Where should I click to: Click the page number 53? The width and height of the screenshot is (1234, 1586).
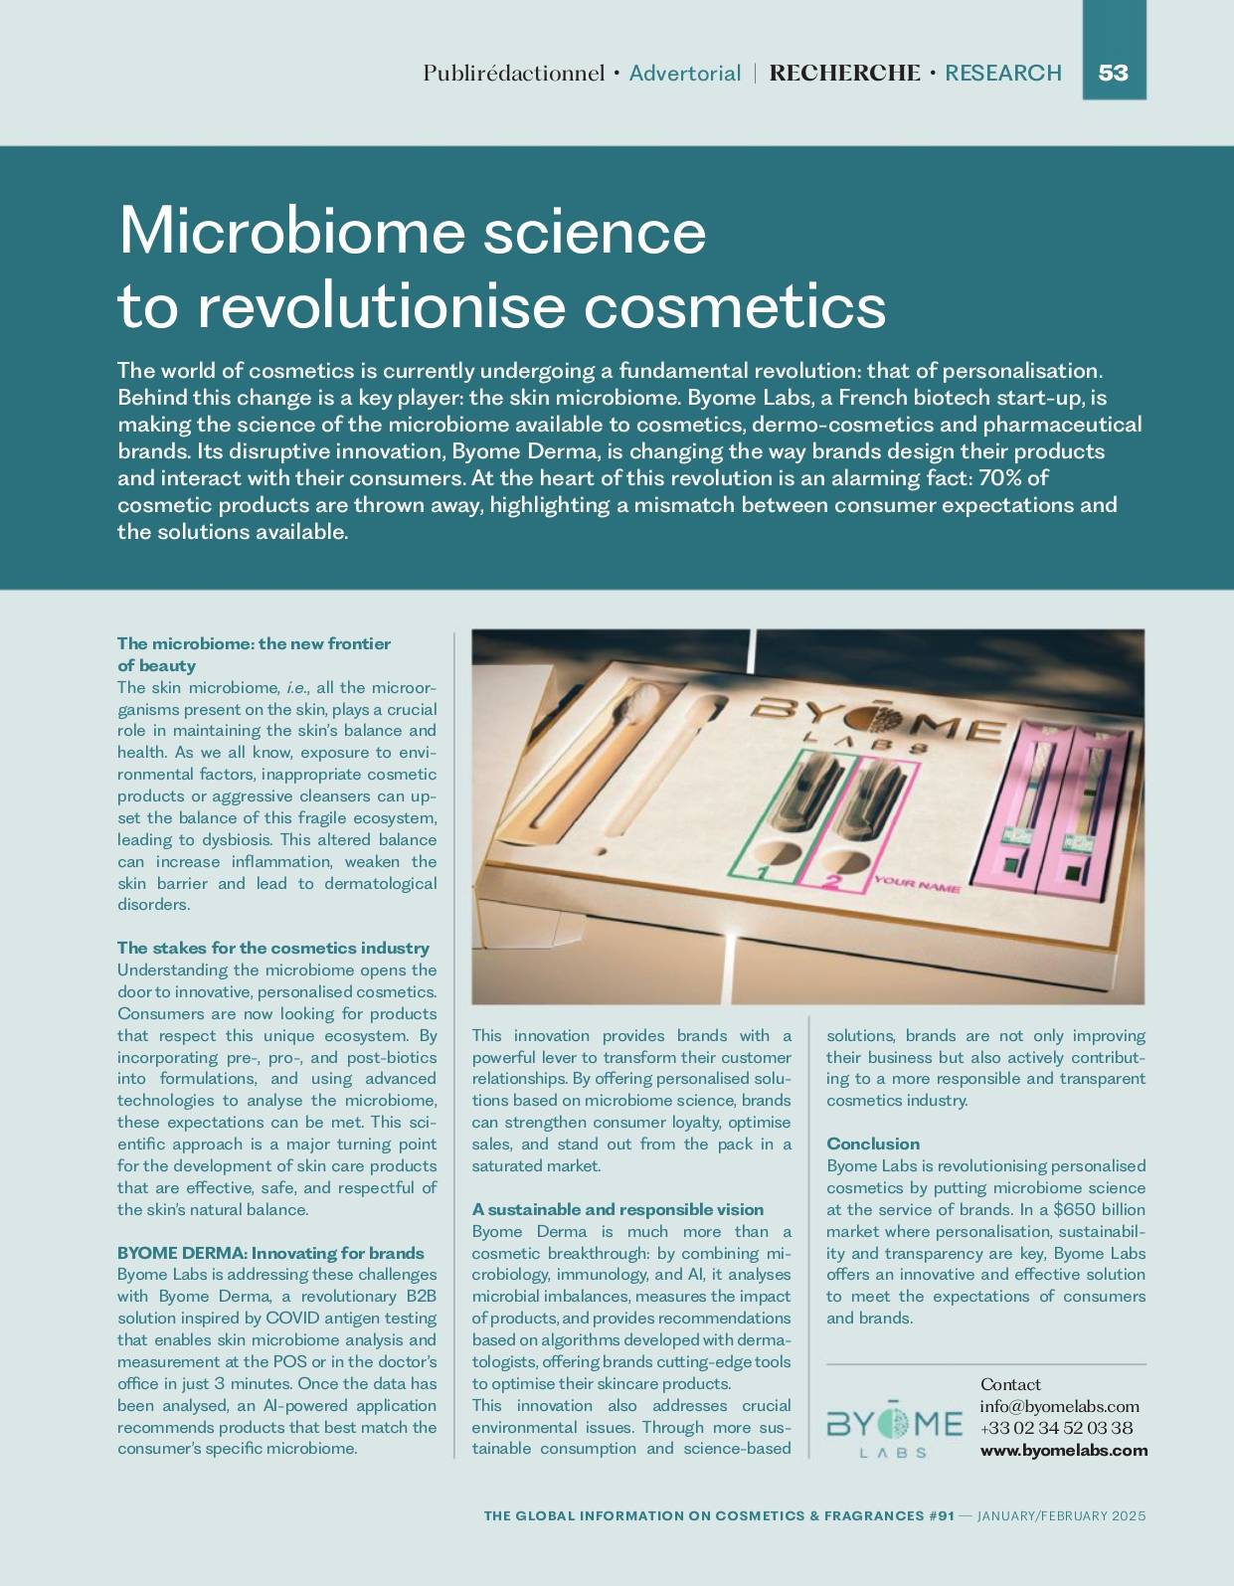[x=1113, y=73]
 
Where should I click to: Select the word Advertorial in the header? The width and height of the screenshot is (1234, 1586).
[x=685, y=74]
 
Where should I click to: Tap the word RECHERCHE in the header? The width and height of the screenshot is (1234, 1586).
[x=844, y=74]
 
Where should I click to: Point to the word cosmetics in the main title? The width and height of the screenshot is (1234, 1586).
[x=734, y=305]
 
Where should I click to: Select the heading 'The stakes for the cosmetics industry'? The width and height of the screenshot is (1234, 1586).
[x=273, y=948]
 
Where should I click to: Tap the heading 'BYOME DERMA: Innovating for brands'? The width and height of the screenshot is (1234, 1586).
[x=270, y=1253]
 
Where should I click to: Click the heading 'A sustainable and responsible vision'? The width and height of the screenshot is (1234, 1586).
[x=617, y=1209]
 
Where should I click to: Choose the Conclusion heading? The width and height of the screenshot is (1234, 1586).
[x=873, y=1144]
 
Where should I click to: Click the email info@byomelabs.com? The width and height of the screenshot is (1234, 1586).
[x=1059, y=1406]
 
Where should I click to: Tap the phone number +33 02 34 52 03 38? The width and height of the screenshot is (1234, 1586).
[x=1056, y=1428]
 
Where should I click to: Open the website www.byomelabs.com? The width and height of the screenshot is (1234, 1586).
[x=1063, y=1450]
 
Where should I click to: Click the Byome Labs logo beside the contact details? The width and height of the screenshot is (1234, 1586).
[x=894, y=1428]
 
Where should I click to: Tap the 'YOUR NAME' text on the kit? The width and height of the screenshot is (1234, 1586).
[x=917, y=884]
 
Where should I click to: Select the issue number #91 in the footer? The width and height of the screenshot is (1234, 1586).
[x=941, y=1515]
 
